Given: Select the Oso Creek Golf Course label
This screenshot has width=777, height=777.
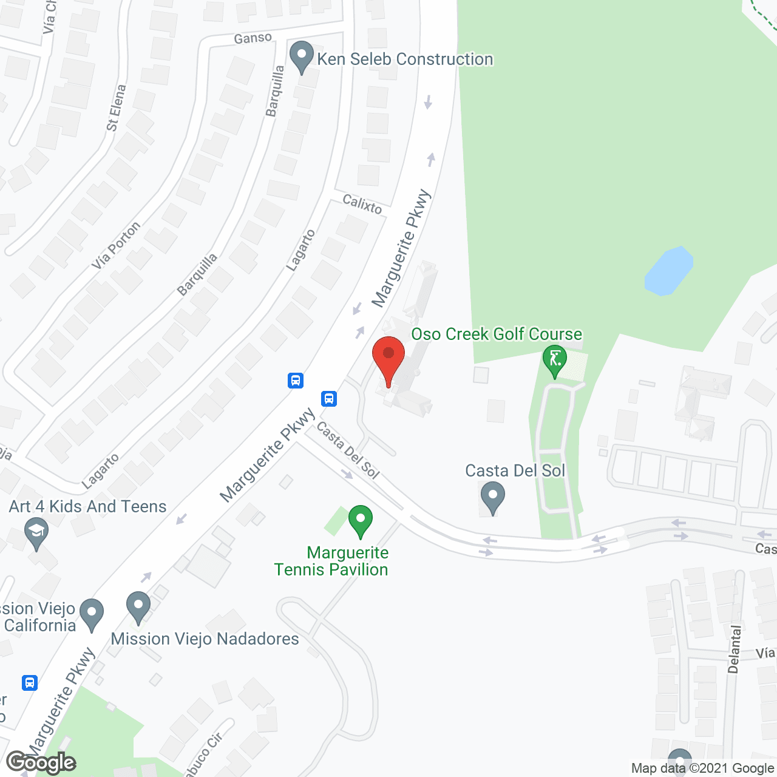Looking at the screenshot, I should (x=497, y=334).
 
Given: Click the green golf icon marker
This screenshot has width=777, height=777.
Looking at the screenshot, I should (x=554, y=359).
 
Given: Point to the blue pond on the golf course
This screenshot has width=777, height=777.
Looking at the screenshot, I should (x=668, y=271).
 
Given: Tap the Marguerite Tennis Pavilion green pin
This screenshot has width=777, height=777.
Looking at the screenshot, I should (x=361, y=521).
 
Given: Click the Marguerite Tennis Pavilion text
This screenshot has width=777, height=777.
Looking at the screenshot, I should (x=331, y=561).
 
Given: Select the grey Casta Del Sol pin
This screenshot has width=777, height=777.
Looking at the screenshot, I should (x=492, y=497).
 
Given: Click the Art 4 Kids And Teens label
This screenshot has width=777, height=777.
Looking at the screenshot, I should (x=87, y=506).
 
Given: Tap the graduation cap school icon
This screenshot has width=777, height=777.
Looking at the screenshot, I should (x=36, y=534).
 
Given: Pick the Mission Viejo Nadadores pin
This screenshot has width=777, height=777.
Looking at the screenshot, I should (x=138, y=606).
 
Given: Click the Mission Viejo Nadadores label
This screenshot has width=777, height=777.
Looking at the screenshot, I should (x=205, y=639).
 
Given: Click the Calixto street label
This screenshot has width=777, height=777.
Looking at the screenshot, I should (x=362, y=204).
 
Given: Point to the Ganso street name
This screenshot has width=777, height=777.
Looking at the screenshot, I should (x=253, y=38).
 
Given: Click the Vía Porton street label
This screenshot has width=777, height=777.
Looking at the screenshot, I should (x=116, y=245).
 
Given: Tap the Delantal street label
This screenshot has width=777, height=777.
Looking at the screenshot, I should (x=735, y=650).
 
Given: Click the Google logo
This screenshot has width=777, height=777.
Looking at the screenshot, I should (x=41, y=762).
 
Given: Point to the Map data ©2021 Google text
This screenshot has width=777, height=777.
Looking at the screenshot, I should (x=702, y=769).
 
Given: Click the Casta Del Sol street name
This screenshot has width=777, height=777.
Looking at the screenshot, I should (x=347, y=450).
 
